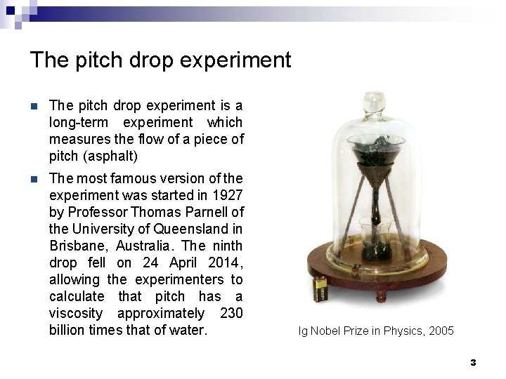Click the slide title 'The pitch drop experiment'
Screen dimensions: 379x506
point(160,60)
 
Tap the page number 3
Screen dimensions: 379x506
point(473,362)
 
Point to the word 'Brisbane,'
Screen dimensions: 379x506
point(76,246)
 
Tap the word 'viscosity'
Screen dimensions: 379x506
point(76,313)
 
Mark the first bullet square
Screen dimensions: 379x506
point(33,107)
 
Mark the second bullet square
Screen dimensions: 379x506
point(33,180)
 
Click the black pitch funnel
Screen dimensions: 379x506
point(370,156)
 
